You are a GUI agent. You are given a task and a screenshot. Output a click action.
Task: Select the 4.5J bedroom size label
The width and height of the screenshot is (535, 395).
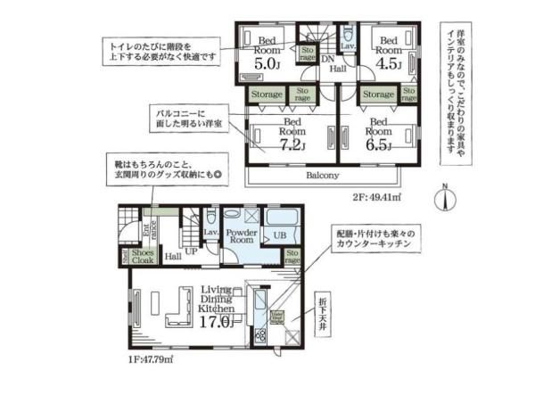(389, 64)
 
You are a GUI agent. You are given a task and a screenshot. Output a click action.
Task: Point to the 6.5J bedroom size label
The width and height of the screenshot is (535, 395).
(379, 145)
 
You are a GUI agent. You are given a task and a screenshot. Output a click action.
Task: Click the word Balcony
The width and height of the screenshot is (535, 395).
(323, 177)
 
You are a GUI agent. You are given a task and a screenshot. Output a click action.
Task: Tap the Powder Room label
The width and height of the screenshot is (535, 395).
(241, 236)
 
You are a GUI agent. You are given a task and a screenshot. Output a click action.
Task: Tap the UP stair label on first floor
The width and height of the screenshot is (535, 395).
(191, 252)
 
